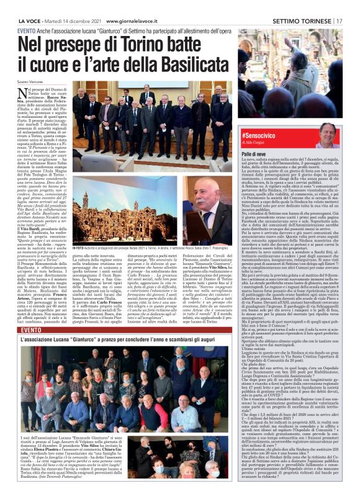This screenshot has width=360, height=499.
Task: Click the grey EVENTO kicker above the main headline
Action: pos(26,30)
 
